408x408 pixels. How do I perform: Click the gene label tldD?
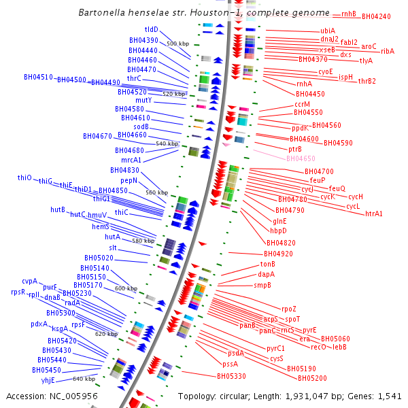[x=151, y=30]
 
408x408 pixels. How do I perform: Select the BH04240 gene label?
[x=376, y=16]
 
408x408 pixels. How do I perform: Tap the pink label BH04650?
[x=301, y=158]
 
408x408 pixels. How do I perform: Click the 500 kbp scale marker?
[x=177, y=44]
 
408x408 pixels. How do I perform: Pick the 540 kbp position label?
[x=167, y=144]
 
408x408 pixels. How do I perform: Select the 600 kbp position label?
[x=126, y=288]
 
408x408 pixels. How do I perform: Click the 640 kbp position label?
[x=84, y=379]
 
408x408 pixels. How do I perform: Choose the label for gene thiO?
[x=24, y=177]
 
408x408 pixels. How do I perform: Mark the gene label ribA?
[x=388, y=51]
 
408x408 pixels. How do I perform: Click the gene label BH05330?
[x=231, y=376]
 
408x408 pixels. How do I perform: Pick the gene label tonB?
[x=267, y=264]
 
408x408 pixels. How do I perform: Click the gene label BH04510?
[x=38, y=78]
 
